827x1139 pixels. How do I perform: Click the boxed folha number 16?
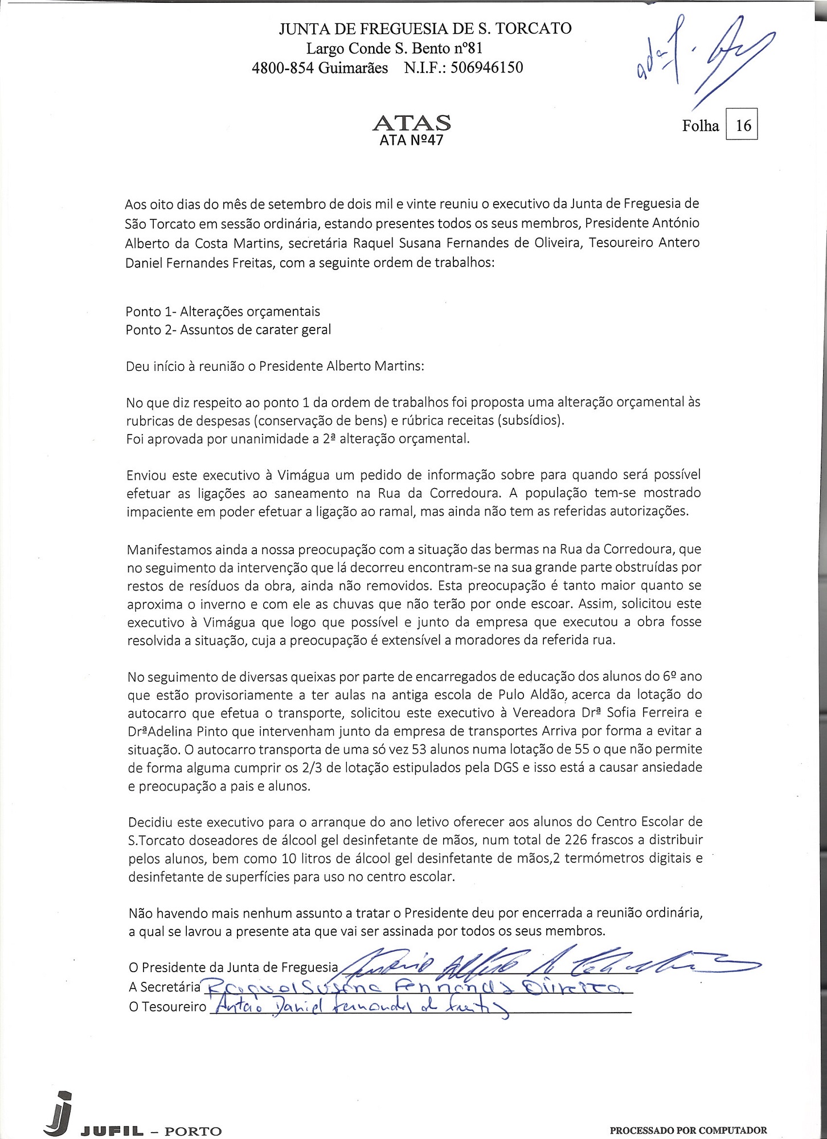(x=743, y=125)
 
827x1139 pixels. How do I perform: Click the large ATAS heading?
(x=411, y=122)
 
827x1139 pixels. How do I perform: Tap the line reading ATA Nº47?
(x=411, y=140)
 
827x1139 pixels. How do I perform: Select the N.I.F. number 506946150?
(x=486, y=68)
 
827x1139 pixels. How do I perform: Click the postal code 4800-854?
(x=283, y=68)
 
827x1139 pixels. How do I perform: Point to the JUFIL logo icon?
(x=60, y=1110)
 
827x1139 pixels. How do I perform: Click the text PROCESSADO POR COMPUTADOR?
(x=688, y=1130)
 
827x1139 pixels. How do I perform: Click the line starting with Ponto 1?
(x=223, y=312)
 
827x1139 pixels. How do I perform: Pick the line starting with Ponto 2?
(x=228, y=330)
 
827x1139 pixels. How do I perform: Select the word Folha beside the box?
(x=700, y=125)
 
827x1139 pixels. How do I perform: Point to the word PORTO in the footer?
(x=193, y=1130)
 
